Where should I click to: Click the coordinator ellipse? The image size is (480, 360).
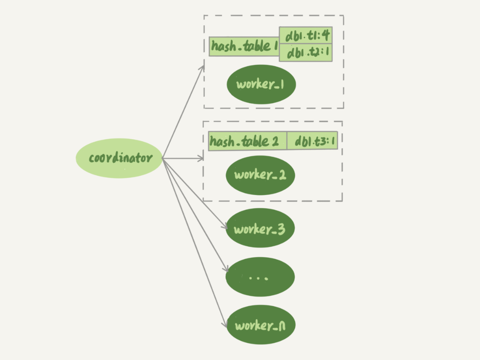(119, 158)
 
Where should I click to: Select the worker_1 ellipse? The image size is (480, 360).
(261, 84)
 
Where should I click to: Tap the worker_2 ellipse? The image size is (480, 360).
(260, 175)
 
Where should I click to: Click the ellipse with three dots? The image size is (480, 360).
(260, 277)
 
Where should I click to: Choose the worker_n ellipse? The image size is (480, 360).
(261, 325)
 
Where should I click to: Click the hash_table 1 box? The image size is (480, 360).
(244, 46)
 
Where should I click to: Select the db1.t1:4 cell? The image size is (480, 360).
(306, 36)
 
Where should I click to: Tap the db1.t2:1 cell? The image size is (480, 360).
(306, 53)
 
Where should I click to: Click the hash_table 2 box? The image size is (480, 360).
(248, 141)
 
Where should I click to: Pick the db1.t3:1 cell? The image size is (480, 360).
(312, 141)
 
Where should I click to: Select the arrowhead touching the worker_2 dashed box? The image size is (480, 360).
(201, 159)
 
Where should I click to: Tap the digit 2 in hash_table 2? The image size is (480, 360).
(275, 142)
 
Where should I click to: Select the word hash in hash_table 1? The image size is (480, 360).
(222, 46)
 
